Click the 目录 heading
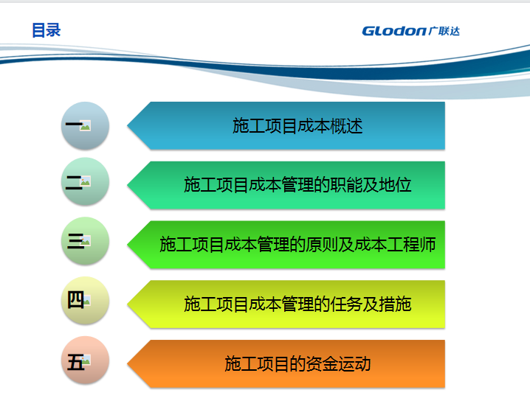tap(47, 30)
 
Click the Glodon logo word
tap(393, 31)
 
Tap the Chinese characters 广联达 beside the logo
tap(444, 31)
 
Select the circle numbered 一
tap(85, 125)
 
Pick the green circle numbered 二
tap(85, 181)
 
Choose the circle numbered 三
tap(85, 240)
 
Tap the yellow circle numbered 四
tap(85, 301)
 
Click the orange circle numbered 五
tap(85, 360)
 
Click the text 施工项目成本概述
tap(297, 126)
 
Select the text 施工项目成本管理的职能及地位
tap(297, 185)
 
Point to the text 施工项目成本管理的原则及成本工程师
tap(297, 245)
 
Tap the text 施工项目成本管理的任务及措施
tap(297, 304)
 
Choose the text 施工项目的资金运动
tap(297, 363)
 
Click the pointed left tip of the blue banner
tap(128, 125)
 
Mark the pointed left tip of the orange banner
tap(128, 364)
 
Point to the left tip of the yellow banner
tap(128, 304)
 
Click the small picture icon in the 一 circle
tap(85, 125)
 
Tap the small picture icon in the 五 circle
tap(86, 360)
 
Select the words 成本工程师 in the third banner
tap(395, 245)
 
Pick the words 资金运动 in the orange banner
tap(338, 363)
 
